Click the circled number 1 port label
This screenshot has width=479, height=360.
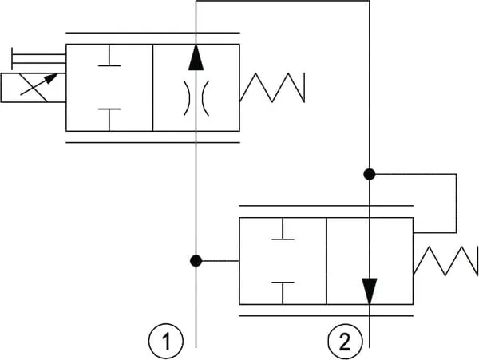[x=166, y=343]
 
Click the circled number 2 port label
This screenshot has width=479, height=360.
[x=344, y=343]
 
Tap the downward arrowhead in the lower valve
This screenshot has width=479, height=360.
[x=370, y=289]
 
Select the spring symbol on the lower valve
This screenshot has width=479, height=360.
[x=446, y=261]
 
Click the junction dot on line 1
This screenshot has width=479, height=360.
[x=196, y=260]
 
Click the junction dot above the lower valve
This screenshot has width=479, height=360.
[x=370, y=173]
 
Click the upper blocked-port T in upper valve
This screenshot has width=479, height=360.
[x=109, y=62]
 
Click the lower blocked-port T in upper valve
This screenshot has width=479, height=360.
[x=109, y=115]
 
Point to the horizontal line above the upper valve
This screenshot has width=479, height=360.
[x=152, y=33]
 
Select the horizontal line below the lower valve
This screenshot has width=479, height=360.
[x=326, y=316]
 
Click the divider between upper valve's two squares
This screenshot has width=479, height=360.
[x=152, y=87]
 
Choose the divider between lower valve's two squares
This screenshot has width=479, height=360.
[x=326, y=261]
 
